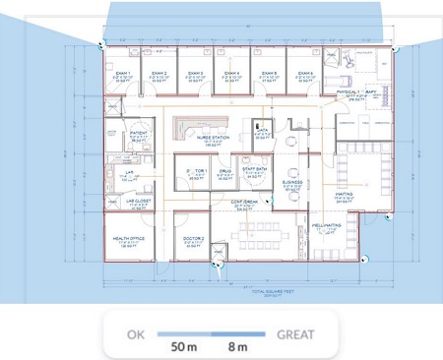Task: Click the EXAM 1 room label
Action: [125, 73]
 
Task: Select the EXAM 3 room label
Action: [196, 73]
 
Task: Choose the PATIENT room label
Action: [139, 132]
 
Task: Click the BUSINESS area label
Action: [292, 183]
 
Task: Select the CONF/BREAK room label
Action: [245, 202]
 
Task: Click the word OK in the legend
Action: [137, 334]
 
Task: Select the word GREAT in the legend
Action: [295, 334]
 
